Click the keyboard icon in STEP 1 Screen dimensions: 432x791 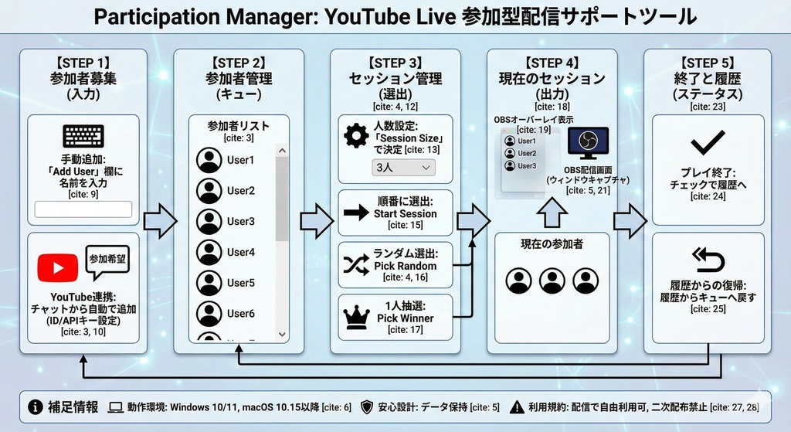pos(83,137)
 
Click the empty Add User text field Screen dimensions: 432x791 pos(83,209)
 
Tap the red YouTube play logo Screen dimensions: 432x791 pos(58,268)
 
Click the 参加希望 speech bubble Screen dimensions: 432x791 pos(107,261)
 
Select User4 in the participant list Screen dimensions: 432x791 pos(240,252)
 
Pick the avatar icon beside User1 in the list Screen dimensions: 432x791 pos(209,160)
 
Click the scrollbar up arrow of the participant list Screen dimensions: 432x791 pos(282,151)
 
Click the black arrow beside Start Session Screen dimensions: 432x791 pos(356,213)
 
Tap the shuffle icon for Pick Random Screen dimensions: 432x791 pos(356,265)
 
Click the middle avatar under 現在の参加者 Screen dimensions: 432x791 pos(552,281)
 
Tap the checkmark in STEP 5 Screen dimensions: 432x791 pos(708,141)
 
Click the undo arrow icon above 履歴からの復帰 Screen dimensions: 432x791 pos(708,260)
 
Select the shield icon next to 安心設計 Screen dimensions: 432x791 pos(367,406)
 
